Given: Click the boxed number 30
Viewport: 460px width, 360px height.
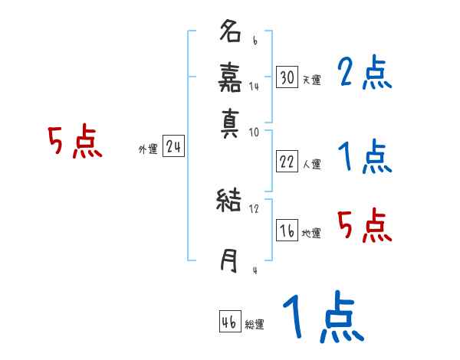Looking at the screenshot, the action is tap(287, 77).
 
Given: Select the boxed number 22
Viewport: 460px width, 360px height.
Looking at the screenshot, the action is tap(287, 162).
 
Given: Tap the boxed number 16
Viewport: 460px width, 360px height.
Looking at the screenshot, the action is tap(287, 231).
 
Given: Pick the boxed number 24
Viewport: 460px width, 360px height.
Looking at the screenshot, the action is tap(173, 147).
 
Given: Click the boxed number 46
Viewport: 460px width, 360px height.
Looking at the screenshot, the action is tap(229, 322).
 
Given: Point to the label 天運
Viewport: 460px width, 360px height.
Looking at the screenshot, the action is tap(311, 79).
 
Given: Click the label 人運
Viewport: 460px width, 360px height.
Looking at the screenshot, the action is tap(311, 164).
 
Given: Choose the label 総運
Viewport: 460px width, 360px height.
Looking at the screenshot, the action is tap(255, 325).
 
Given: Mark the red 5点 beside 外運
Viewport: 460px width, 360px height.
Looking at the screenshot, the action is tap(75, 142).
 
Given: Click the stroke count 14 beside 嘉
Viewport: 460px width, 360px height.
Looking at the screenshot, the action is tap(254, 87).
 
